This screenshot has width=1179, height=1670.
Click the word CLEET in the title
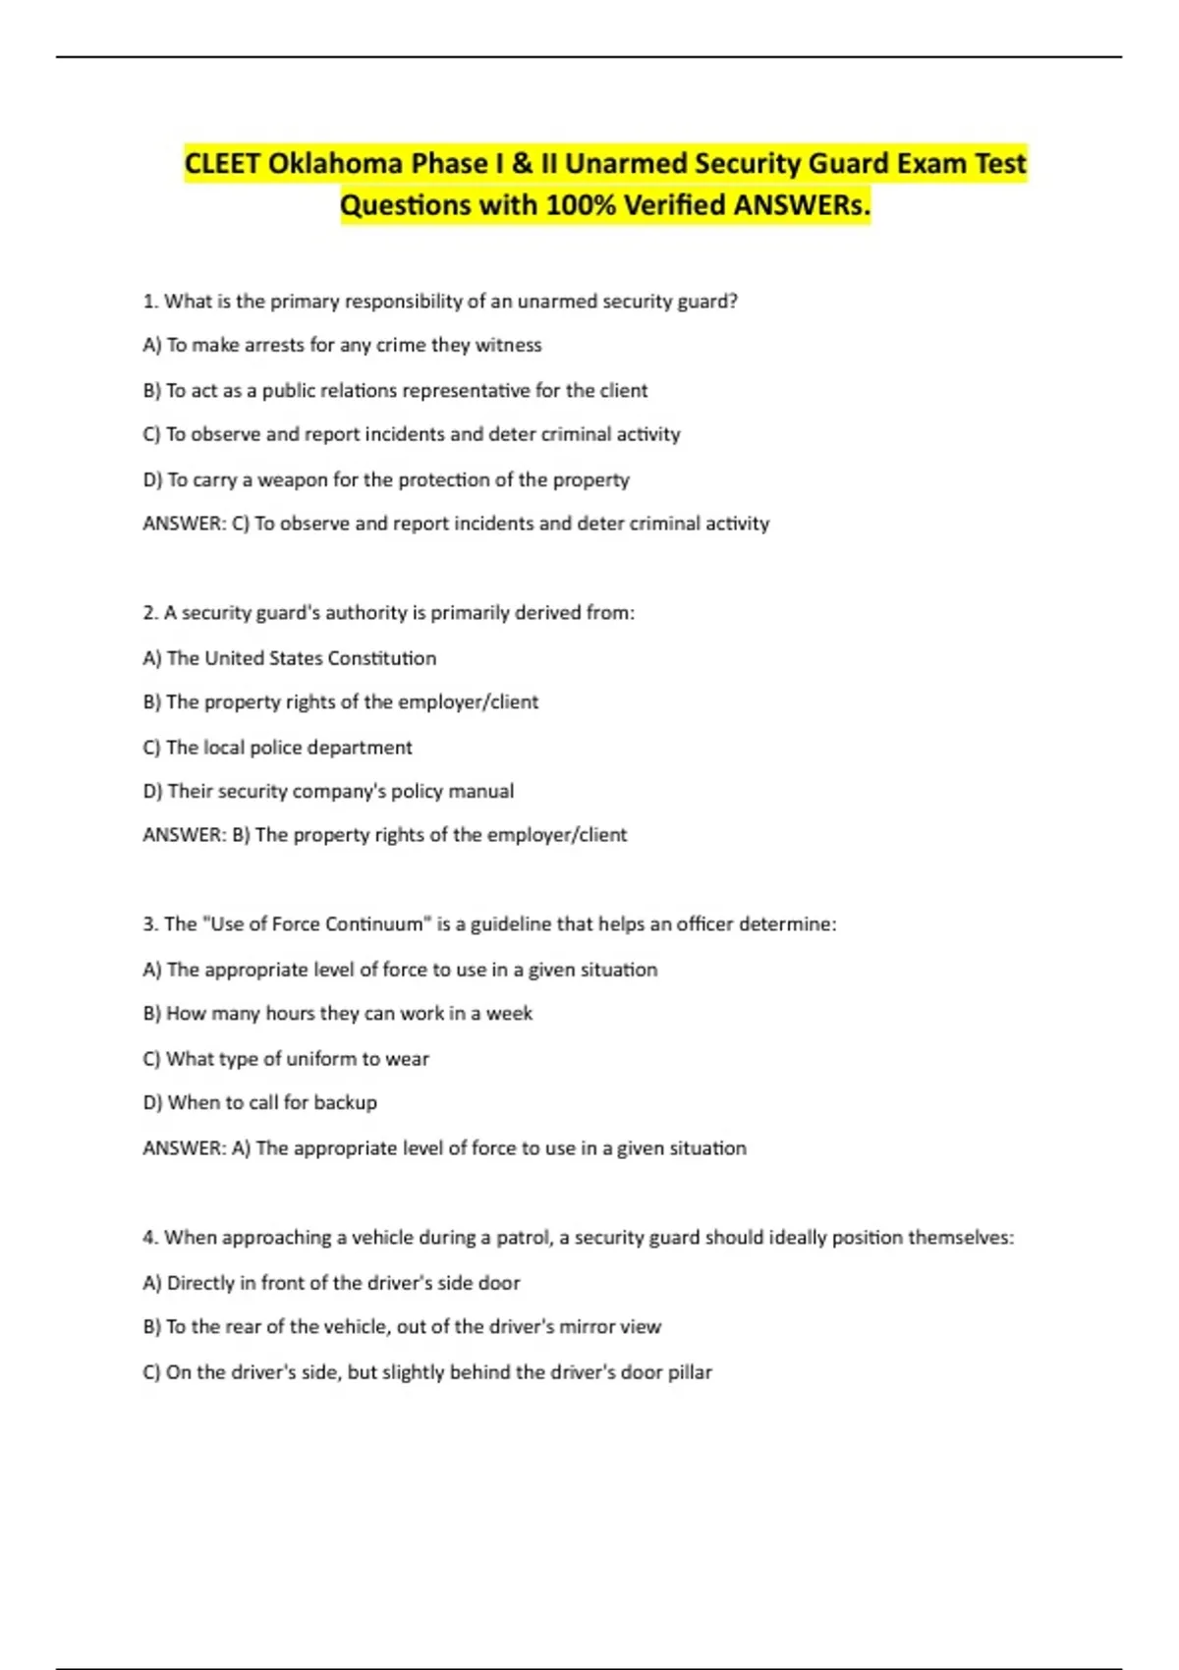222,163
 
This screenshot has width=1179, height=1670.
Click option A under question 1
342,345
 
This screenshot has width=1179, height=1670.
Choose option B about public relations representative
395,390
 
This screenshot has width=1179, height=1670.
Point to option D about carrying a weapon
386,479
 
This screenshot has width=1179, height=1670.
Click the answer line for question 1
456,524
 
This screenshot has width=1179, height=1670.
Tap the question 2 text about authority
388,613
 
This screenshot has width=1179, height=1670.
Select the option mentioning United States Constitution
290,658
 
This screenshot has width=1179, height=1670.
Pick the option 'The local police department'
277,748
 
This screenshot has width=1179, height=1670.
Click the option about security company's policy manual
328,791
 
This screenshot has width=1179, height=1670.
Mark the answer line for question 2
384,835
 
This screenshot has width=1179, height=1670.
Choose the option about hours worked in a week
337,1013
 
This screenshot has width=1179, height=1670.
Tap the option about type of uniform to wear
286,1059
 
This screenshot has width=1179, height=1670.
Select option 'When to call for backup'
259,1102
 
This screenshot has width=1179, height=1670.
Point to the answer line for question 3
444,1147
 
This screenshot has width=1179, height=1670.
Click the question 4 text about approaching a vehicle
578,1238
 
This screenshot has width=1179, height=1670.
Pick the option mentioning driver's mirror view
402,1326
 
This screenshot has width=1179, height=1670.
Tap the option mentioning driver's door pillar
427,1371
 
